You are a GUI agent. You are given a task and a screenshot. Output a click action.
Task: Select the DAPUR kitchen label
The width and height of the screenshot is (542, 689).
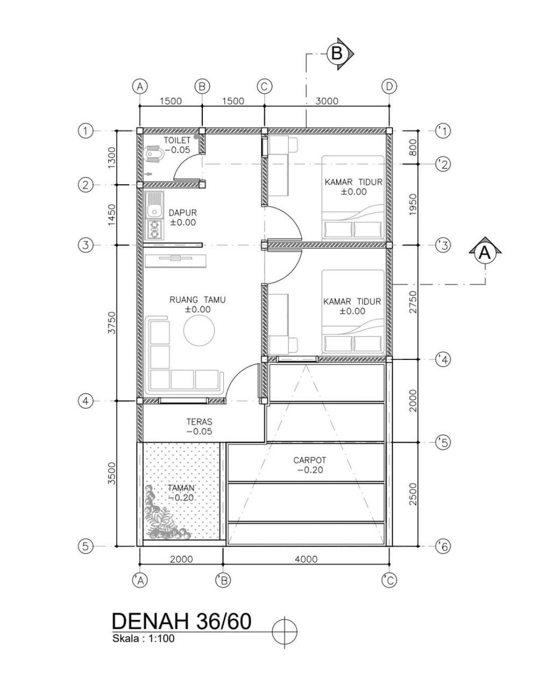pos(183,213)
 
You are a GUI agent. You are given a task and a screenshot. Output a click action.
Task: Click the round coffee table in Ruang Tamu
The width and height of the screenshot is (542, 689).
pos(199,331)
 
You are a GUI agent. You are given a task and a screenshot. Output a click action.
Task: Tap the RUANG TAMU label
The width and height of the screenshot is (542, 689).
pos(197,300)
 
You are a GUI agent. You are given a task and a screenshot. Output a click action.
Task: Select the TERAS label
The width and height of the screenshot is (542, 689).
pos(199,422)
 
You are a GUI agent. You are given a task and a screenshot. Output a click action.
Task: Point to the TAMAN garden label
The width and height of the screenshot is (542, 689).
pos(181,488)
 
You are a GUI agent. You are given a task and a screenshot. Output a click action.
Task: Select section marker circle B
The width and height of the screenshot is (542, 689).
pos(337,53)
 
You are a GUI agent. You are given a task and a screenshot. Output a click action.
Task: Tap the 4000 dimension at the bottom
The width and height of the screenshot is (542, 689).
pos(305,559)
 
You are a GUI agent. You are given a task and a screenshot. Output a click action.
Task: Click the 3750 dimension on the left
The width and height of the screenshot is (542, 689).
pos(111,322)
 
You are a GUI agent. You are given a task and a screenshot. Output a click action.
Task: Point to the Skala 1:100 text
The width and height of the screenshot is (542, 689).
pos(143,638)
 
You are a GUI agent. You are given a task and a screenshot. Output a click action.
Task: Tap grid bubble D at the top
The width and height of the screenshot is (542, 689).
pos(390,86)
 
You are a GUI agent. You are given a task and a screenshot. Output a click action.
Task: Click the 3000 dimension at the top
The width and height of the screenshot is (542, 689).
pos(326,101)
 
